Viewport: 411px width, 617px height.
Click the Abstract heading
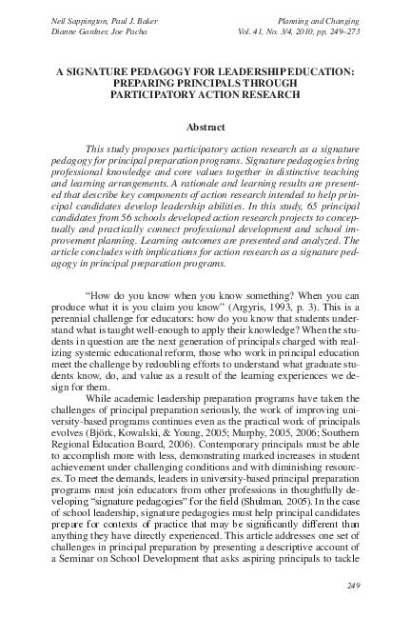point(205,127)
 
